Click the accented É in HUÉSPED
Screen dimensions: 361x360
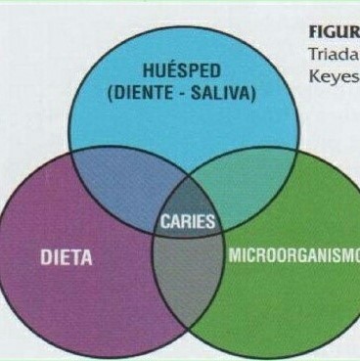pos(170,73)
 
